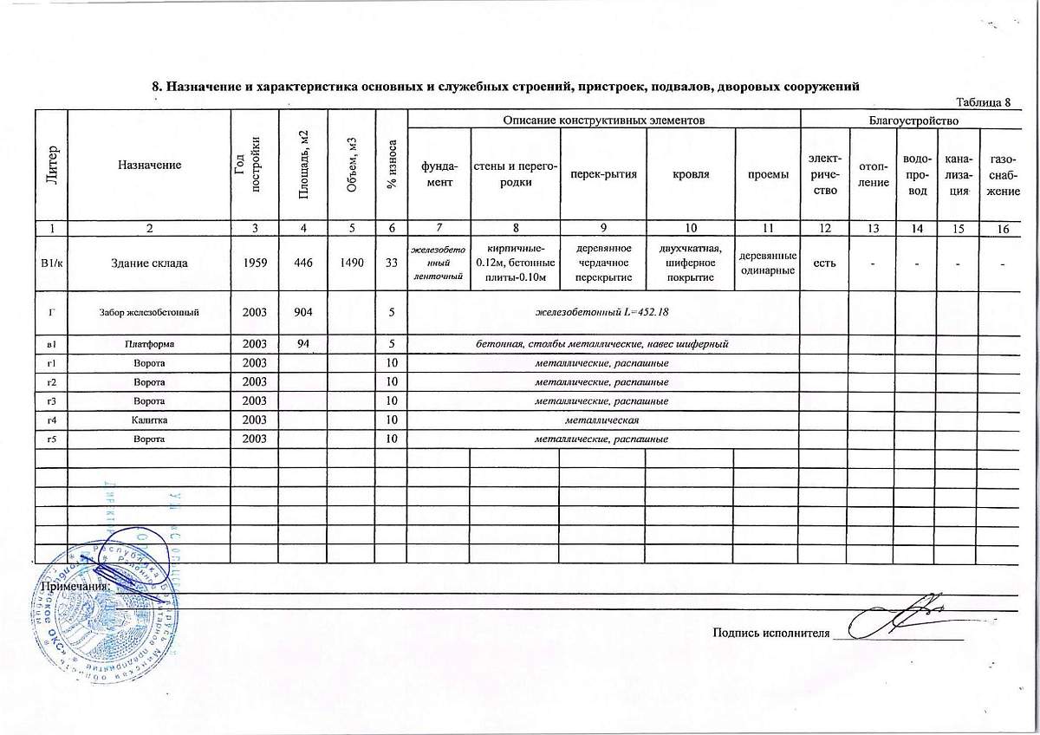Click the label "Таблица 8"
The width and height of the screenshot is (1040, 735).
(x=983, y=104)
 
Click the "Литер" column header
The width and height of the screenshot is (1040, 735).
(x=51, y=166)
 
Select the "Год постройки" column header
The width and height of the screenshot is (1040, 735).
(x=253, y=166)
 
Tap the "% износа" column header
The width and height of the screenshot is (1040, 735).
(x=393, y=166)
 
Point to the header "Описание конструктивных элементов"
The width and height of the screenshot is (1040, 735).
(x=603, y=119)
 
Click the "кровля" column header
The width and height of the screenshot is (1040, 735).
(x=691, y=174)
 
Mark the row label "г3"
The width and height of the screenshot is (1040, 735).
(x=51, y=401)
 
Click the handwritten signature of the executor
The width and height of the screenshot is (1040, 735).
(x=901, y=617)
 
